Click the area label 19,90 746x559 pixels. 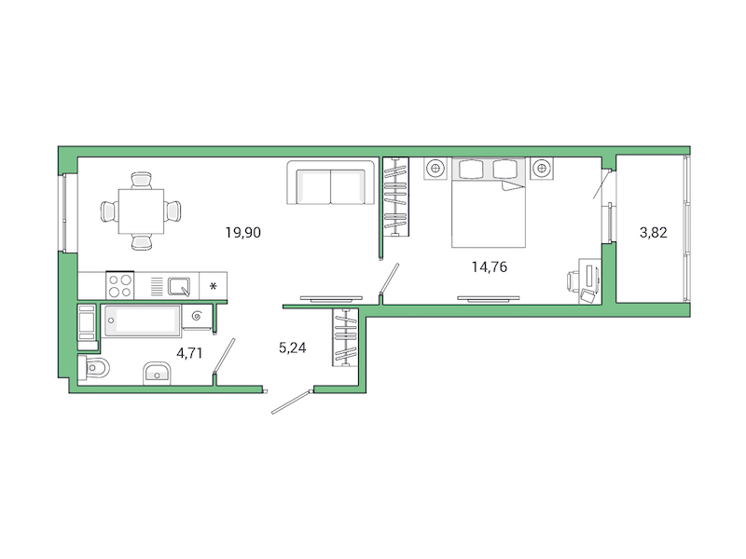(x=242, y=233)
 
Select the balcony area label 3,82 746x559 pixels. (x=653, y=233)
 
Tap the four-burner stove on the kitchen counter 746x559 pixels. (x=120, y=284)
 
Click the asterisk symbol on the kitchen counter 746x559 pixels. (x=214, y=285)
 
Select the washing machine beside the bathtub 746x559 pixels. (x=87, y=323)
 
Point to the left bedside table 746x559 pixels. (x=435, y=170)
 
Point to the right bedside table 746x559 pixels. (x=542, y=170)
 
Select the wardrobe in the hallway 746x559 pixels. (x=346, y=336)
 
